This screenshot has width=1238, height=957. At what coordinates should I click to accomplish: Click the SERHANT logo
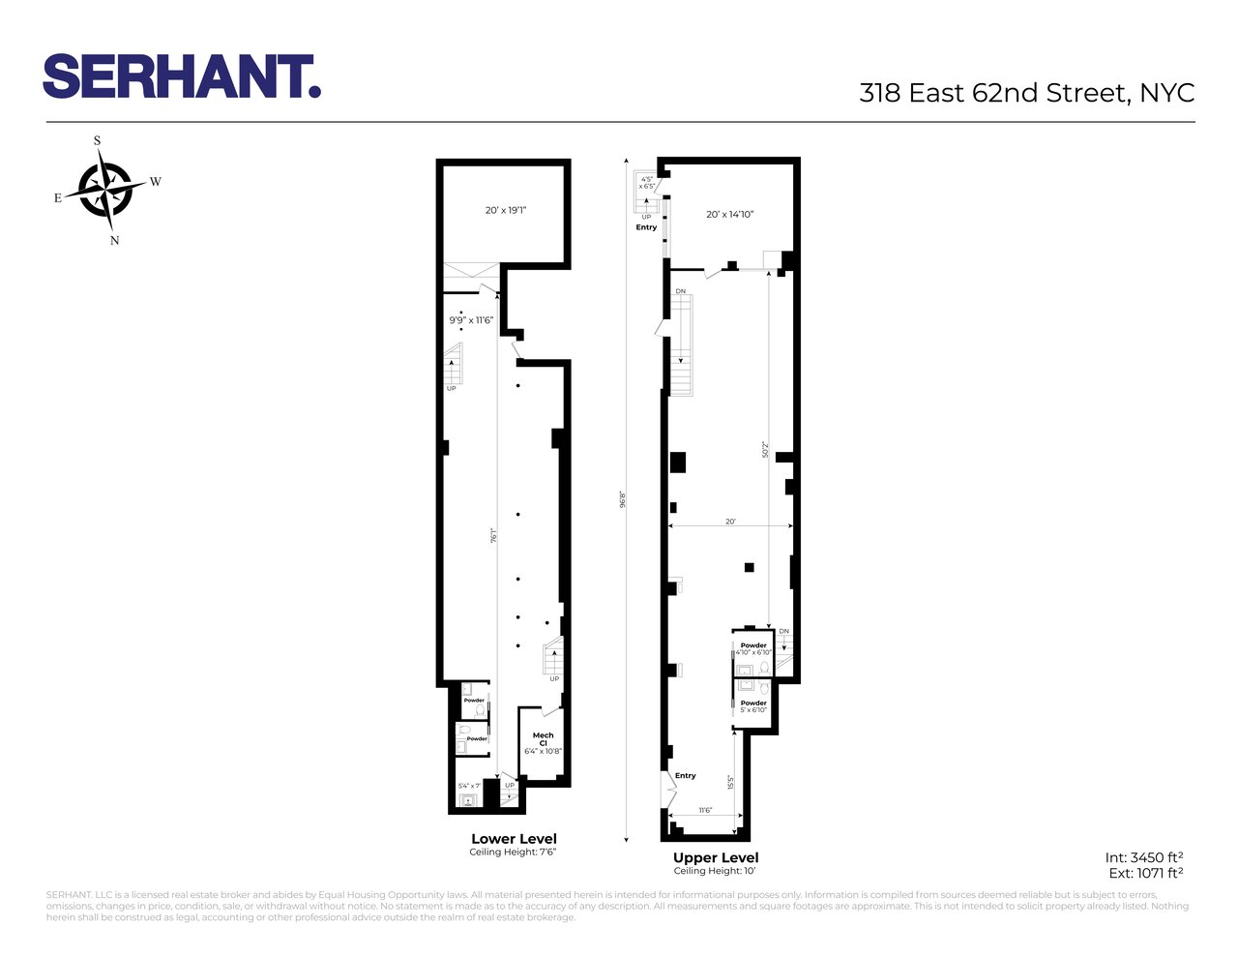tap(182, 75)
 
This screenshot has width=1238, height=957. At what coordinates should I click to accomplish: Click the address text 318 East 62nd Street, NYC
tap(1026, 93)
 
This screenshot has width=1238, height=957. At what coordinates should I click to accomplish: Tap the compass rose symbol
tap(105, 189)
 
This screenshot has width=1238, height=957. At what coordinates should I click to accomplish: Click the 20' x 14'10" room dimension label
tap(730, 215)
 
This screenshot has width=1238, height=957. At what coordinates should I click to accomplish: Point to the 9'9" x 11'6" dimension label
tap(471, 319)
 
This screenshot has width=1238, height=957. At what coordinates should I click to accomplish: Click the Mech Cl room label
tap(543, 739)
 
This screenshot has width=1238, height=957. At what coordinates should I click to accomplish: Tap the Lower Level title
tap(514, 839)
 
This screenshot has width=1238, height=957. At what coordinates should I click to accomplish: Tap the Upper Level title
tap(716, 857)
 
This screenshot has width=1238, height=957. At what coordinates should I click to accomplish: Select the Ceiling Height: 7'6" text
tap(514, 852)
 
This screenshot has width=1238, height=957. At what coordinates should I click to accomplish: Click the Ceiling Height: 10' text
tap(716, 871)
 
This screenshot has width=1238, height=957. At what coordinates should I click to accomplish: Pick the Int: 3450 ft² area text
tap(1144, 857)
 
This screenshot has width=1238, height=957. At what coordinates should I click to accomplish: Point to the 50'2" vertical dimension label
tap(765, 451)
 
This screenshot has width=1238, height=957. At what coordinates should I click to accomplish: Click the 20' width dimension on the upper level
tap(731, 522)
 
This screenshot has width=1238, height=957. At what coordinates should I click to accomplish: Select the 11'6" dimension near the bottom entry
tap(705, 810)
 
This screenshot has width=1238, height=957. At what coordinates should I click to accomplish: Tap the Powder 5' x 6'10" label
tap(753, 706)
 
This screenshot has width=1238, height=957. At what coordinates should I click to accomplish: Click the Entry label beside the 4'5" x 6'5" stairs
tap(646, 227)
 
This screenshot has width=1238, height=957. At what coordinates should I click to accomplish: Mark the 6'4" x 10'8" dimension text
tap(543, 751)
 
